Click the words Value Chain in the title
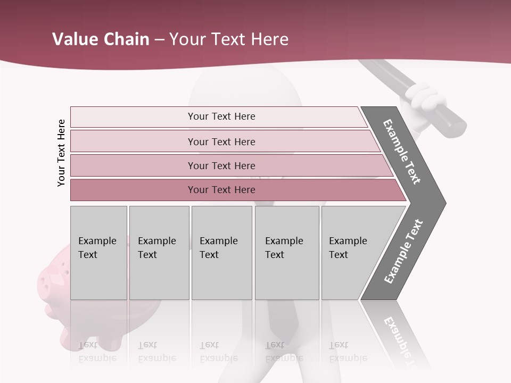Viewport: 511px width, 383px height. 101,39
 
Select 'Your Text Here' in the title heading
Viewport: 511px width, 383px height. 229,39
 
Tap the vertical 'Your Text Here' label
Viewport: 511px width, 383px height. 61,153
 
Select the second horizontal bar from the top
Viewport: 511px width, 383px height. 221,141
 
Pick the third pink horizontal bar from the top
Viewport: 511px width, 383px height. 221,165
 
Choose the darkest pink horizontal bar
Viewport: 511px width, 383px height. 221,190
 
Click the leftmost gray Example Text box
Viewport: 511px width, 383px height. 98,253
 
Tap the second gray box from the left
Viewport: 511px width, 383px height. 159,253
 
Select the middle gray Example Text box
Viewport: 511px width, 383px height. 221,253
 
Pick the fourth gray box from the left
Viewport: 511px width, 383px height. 286,253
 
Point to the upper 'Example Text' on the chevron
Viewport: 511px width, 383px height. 402,152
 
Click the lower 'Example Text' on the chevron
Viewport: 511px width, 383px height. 403,252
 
